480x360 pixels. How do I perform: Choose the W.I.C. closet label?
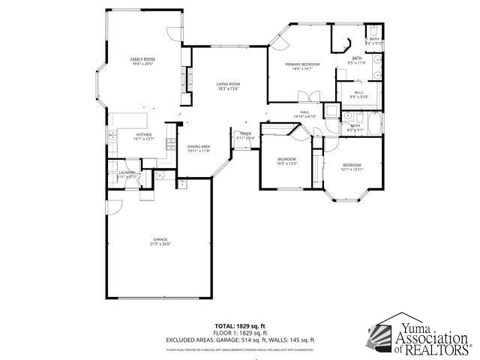click(x=359, y=94)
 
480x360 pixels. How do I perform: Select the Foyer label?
click(x=245, y=136)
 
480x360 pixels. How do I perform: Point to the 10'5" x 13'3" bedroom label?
click(x=287, y=160)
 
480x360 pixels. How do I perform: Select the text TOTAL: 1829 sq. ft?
click(x=241, y=325)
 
